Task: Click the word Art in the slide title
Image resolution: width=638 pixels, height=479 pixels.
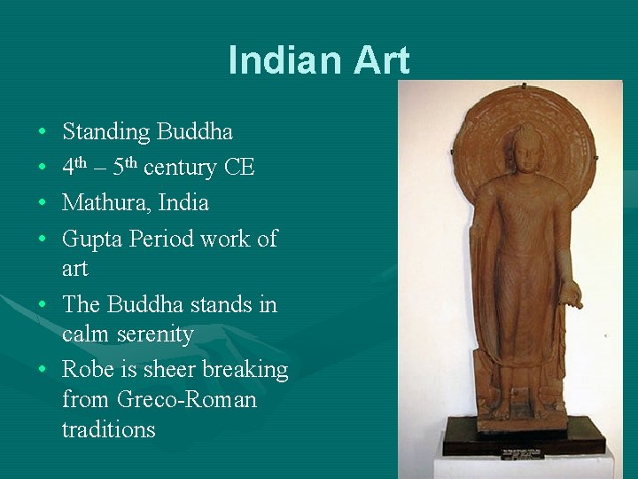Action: pyautogui.click(x=382, y=60)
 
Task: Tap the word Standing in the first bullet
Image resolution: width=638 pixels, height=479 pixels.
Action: pyautogui.click(x=106, y=132)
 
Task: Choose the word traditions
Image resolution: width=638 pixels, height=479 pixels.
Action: pyautogui.click(x=109, y=430)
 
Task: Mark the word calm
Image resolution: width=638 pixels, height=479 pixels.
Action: pyautogui.click(x=83, y=334)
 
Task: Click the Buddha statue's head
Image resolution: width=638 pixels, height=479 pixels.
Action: pyautogui.click(x=528, y=148)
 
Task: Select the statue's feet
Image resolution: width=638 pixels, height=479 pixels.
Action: pyautogui.click(x=524, y=409)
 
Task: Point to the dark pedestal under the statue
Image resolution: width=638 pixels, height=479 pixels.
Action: pyautogui.click(x=524, y=436)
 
